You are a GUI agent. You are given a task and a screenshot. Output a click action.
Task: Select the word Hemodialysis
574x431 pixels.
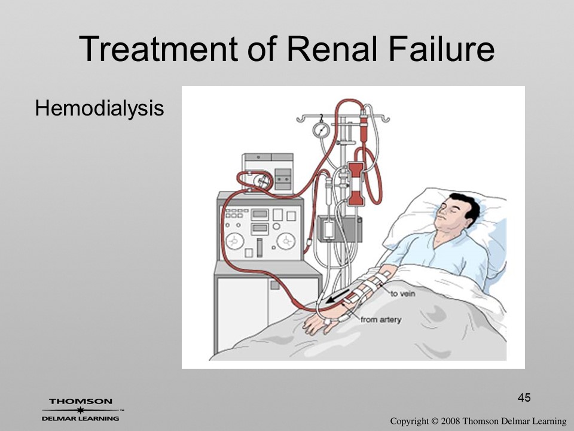click(99, 109)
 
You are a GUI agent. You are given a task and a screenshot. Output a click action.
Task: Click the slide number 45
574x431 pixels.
click(524, 397)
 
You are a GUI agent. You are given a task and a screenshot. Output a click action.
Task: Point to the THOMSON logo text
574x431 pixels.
click(81, 401)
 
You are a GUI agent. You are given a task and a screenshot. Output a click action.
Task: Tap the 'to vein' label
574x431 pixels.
click(402, 293)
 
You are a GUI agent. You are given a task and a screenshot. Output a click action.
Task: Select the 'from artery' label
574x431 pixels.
click(381, 320)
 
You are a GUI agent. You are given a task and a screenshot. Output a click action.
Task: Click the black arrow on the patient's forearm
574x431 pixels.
click(337, 296)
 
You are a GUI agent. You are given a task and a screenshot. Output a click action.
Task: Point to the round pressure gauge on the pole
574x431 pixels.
click(321, 130)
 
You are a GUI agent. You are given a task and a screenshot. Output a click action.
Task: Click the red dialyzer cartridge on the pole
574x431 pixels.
click(355, 183)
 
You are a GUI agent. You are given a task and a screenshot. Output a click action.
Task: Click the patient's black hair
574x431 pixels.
click(468, 207)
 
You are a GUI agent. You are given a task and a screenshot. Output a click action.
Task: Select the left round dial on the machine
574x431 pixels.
click(234, 241)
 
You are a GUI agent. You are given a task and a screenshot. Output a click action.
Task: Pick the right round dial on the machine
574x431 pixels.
click(286, 241)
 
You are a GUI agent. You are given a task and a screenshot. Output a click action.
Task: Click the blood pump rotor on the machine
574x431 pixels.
click(260, 180)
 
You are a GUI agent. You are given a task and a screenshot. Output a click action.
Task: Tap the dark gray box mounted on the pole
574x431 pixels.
click(340, 229)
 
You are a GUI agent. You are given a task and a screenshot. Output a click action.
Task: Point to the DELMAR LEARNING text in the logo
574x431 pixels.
click(81, 418)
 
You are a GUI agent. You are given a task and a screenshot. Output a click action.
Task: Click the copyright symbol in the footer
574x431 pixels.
click(433, 421)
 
